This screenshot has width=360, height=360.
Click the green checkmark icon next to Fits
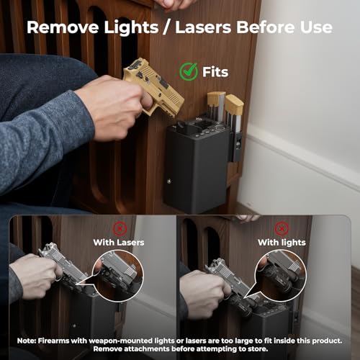click(189, 71)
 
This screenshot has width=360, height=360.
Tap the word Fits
click(215, 72)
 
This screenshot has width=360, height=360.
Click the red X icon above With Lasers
click(120, 228)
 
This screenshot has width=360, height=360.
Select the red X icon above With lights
click(282, 228)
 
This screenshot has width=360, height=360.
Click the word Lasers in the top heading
click(203, 27)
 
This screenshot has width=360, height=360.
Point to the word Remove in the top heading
click(63, 27)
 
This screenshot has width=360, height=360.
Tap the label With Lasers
click(119, 243)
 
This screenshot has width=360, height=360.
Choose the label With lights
click(282, 243)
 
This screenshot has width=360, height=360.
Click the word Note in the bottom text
click(26, 341)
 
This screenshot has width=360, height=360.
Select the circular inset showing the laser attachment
click(118, 275)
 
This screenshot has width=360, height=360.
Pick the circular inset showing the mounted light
click(280, 275)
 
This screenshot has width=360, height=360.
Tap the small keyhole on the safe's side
click(169, 181)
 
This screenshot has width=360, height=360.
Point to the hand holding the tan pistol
click(114, 108)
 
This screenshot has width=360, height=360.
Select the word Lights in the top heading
click(131, 27)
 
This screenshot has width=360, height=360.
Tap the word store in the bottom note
click(258, 349)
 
